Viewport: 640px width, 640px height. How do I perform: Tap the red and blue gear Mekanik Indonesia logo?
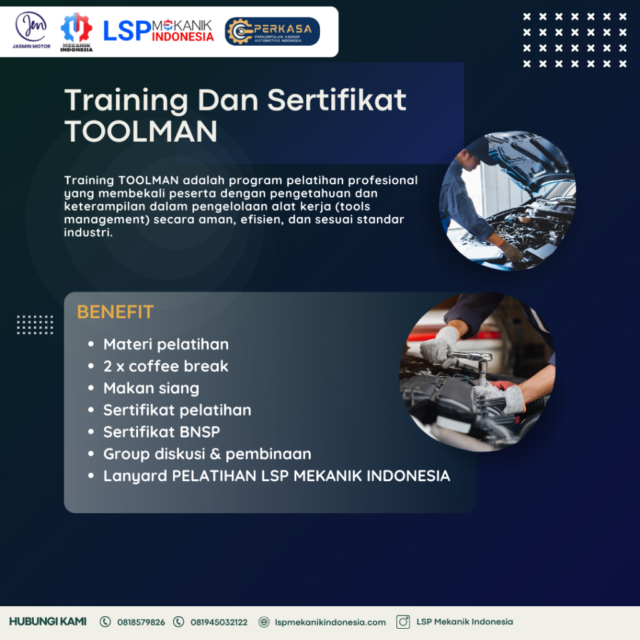pyautogui.click(x=76, y=32)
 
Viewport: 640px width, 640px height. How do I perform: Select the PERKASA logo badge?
pyautogui.click(x=272, y=31)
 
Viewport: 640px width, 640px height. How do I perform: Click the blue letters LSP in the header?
pyautogui.click(x=127, y=31)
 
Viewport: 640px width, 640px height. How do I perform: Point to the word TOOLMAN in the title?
pyautogui.click(x=141, y=131)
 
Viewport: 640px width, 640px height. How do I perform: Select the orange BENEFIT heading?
pyautogui.click(x=115, y=312)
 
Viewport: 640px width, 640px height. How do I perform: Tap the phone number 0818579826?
pyautogui.click(x=141, y=622)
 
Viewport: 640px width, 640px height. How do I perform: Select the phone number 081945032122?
pyautogui.click(x=219, y=622)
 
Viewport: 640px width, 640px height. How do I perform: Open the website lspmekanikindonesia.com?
pyautogui.click(x=330, y=622)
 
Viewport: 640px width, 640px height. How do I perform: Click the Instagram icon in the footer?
pyautogui.click(x=403, y=622)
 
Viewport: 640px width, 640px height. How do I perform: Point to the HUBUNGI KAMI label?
pyautogui.click(x=47, y=622)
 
